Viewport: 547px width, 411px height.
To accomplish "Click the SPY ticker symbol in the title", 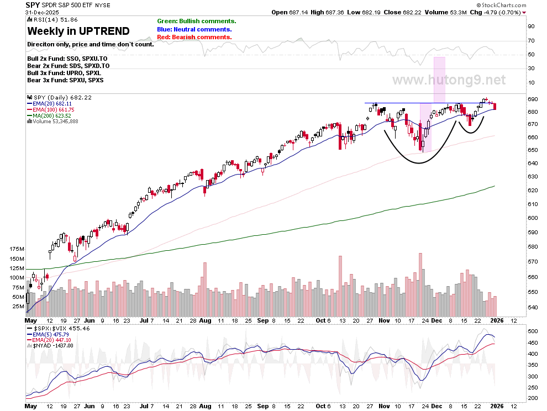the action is pyautogui.click(x=33, y=5).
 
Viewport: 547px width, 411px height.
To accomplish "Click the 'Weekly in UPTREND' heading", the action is pyautogui.click(x=78, y=31).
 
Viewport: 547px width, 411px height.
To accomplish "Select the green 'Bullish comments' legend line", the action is pyautogui.click(x=196, y=22).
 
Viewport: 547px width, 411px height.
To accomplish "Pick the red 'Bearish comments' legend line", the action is pyautogui.click(x=194, y=37).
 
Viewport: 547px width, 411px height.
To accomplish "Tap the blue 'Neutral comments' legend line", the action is pyautogui.click(x=194, y=29).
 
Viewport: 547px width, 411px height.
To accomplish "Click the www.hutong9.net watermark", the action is pyautogui.click(x=449, y=80).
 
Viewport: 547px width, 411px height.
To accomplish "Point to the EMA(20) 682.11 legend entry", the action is pyautogui.click(x=49, y=104).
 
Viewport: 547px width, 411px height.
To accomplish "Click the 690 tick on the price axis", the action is pyautogui.click(x=533, y=99).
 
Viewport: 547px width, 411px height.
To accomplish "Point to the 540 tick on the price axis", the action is pyautogui.click(x=533, y=307).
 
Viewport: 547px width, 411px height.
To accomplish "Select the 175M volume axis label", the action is pyautogui.click(x=17, y=249).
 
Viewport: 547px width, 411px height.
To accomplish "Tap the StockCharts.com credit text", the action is pyautogui.click(x=501, y=5).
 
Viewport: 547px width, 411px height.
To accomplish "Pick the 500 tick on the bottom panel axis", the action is pyautogui.click(x=533, y=331).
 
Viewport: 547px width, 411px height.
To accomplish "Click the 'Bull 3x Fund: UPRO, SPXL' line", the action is pyautogui.click(x=64, y=73).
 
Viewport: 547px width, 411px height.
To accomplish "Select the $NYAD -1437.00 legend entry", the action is pyautogui.click(x=50, y=345).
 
